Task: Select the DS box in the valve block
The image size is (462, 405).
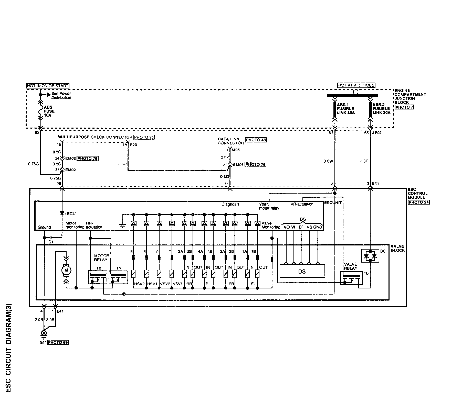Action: (x=302, y=271)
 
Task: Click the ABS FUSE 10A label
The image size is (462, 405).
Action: (x=49, y=111)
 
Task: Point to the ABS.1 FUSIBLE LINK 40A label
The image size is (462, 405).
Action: (x=345, y=108)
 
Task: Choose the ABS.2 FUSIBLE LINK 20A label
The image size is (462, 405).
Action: (x=381, y=108)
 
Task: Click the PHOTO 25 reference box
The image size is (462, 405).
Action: (x=144, y=137)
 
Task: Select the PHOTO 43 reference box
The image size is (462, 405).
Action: (x=256, y=140)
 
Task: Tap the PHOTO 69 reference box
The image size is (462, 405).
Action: (x=58, y=342)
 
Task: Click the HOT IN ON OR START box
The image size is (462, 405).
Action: (x=48, y=86)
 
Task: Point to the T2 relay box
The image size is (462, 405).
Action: (x=97, y=277)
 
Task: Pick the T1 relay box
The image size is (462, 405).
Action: (x=118, y=277)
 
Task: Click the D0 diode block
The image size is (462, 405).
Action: (x=370, y=255)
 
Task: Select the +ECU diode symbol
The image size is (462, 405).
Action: (x=62, y=213)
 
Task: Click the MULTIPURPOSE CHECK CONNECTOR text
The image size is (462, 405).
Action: (x=95, y=137)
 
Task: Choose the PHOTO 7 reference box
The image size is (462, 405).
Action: (x=404, y=107)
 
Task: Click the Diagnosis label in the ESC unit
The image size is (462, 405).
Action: (x=230, y=204)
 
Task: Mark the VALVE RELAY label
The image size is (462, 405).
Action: (x=350, y=266)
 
